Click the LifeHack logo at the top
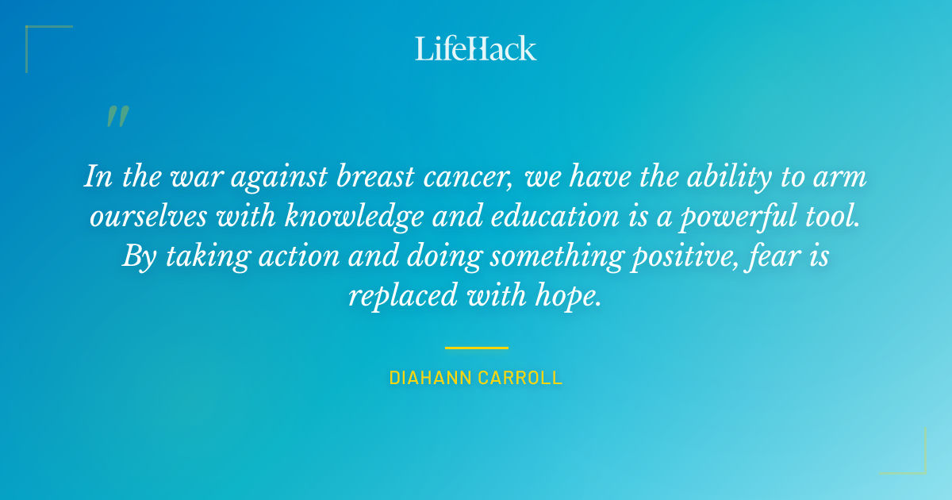pyautogui.click(x=476, y=48)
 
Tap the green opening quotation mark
pyautogui.click(x=117, y=116)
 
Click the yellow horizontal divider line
pyautogui.click(x=476, y=348)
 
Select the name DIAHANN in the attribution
pyautogui.click(x=428, y=379)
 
